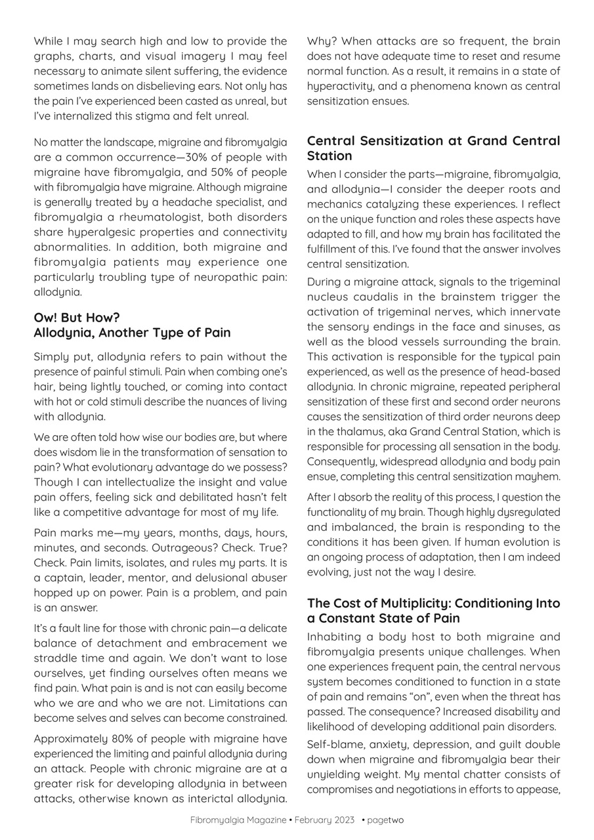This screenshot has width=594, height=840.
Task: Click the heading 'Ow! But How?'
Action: (77, 318)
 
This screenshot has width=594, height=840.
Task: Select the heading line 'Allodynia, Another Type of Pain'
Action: (132, 333)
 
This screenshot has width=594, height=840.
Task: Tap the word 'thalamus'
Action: (344, 431)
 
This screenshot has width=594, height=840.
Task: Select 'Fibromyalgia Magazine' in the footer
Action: (238, 820)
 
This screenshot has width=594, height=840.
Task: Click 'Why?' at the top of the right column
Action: (321, 41)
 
